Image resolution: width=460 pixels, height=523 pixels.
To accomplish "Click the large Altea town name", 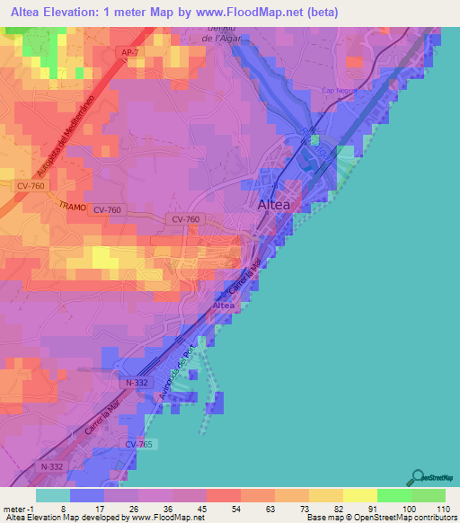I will [274, 205].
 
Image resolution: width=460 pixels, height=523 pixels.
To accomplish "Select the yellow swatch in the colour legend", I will [359, 495].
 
